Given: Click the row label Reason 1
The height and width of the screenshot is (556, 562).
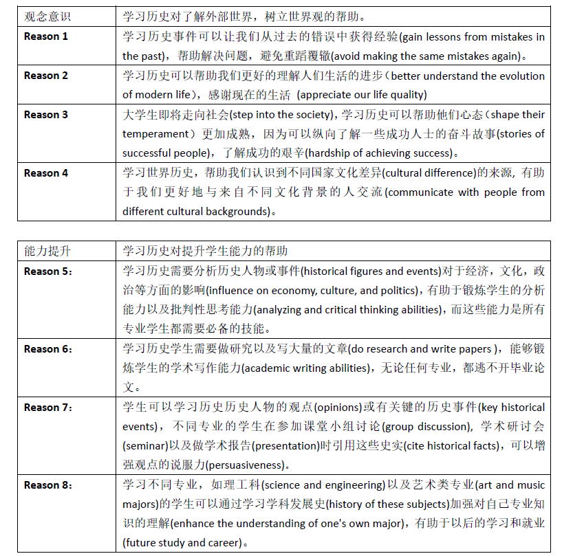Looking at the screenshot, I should coord(46,36).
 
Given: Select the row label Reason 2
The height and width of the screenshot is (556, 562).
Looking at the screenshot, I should coord(46,76).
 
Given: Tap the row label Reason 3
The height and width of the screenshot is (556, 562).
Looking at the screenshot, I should coord(46,115).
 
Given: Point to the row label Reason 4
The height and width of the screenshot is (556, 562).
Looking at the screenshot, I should coord(46,173).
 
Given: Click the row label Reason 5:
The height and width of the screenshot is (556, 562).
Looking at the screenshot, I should coord(47,271).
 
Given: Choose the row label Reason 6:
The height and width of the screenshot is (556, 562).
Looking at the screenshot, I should coord(47,349).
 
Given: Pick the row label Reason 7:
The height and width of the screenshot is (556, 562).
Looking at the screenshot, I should coord(47,408).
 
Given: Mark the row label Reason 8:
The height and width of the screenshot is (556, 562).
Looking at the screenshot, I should coord(47,485).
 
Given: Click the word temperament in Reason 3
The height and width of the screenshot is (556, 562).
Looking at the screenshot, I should coord(155,134).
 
